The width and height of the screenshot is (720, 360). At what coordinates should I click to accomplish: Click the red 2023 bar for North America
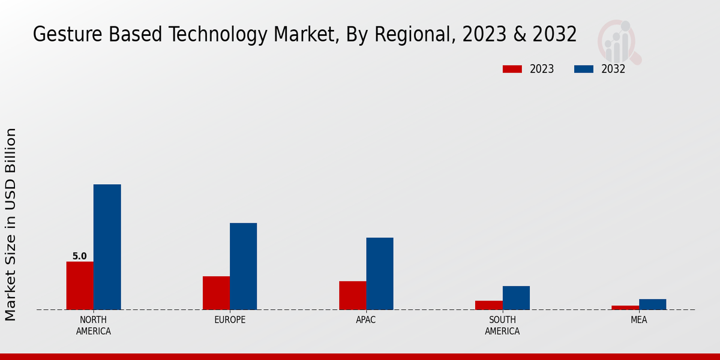coord(80,286)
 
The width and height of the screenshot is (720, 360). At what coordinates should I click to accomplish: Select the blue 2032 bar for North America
coord(107,247)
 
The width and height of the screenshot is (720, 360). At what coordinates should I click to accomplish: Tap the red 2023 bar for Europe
coord(216,293)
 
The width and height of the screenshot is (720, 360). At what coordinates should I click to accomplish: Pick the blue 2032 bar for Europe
coord(243,266)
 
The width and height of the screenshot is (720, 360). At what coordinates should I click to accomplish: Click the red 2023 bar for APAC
coord(352,295)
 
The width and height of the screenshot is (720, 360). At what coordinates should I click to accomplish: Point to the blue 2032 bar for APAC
coord(380,274)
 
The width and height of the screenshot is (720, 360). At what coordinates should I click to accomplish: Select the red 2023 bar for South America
coord(488,305)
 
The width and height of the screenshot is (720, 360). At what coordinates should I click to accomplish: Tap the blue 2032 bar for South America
coord(516,298)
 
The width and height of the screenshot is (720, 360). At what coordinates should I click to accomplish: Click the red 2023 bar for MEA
coord(625,307)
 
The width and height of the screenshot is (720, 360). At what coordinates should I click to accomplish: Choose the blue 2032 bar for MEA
coord(652,304)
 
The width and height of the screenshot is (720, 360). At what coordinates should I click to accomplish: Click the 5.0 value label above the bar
coord(80,256)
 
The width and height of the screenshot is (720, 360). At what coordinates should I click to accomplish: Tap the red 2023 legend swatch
coord(512,69)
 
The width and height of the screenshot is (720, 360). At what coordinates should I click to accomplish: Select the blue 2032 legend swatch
coord(583,69)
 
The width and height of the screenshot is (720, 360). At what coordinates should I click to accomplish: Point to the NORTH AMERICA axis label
coord(93,325)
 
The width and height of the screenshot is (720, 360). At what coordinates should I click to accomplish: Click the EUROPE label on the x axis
coord(230,320)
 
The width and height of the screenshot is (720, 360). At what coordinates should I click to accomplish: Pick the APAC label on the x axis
coord(366,320)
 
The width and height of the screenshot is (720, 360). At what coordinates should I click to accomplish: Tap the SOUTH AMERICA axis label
coord(502,325)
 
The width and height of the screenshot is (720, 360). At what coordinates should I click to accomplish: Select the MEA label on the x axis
coord(638,320)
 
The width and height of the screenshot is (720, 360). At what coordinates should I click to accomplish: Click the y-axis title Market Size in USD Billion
coord(11,224)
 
